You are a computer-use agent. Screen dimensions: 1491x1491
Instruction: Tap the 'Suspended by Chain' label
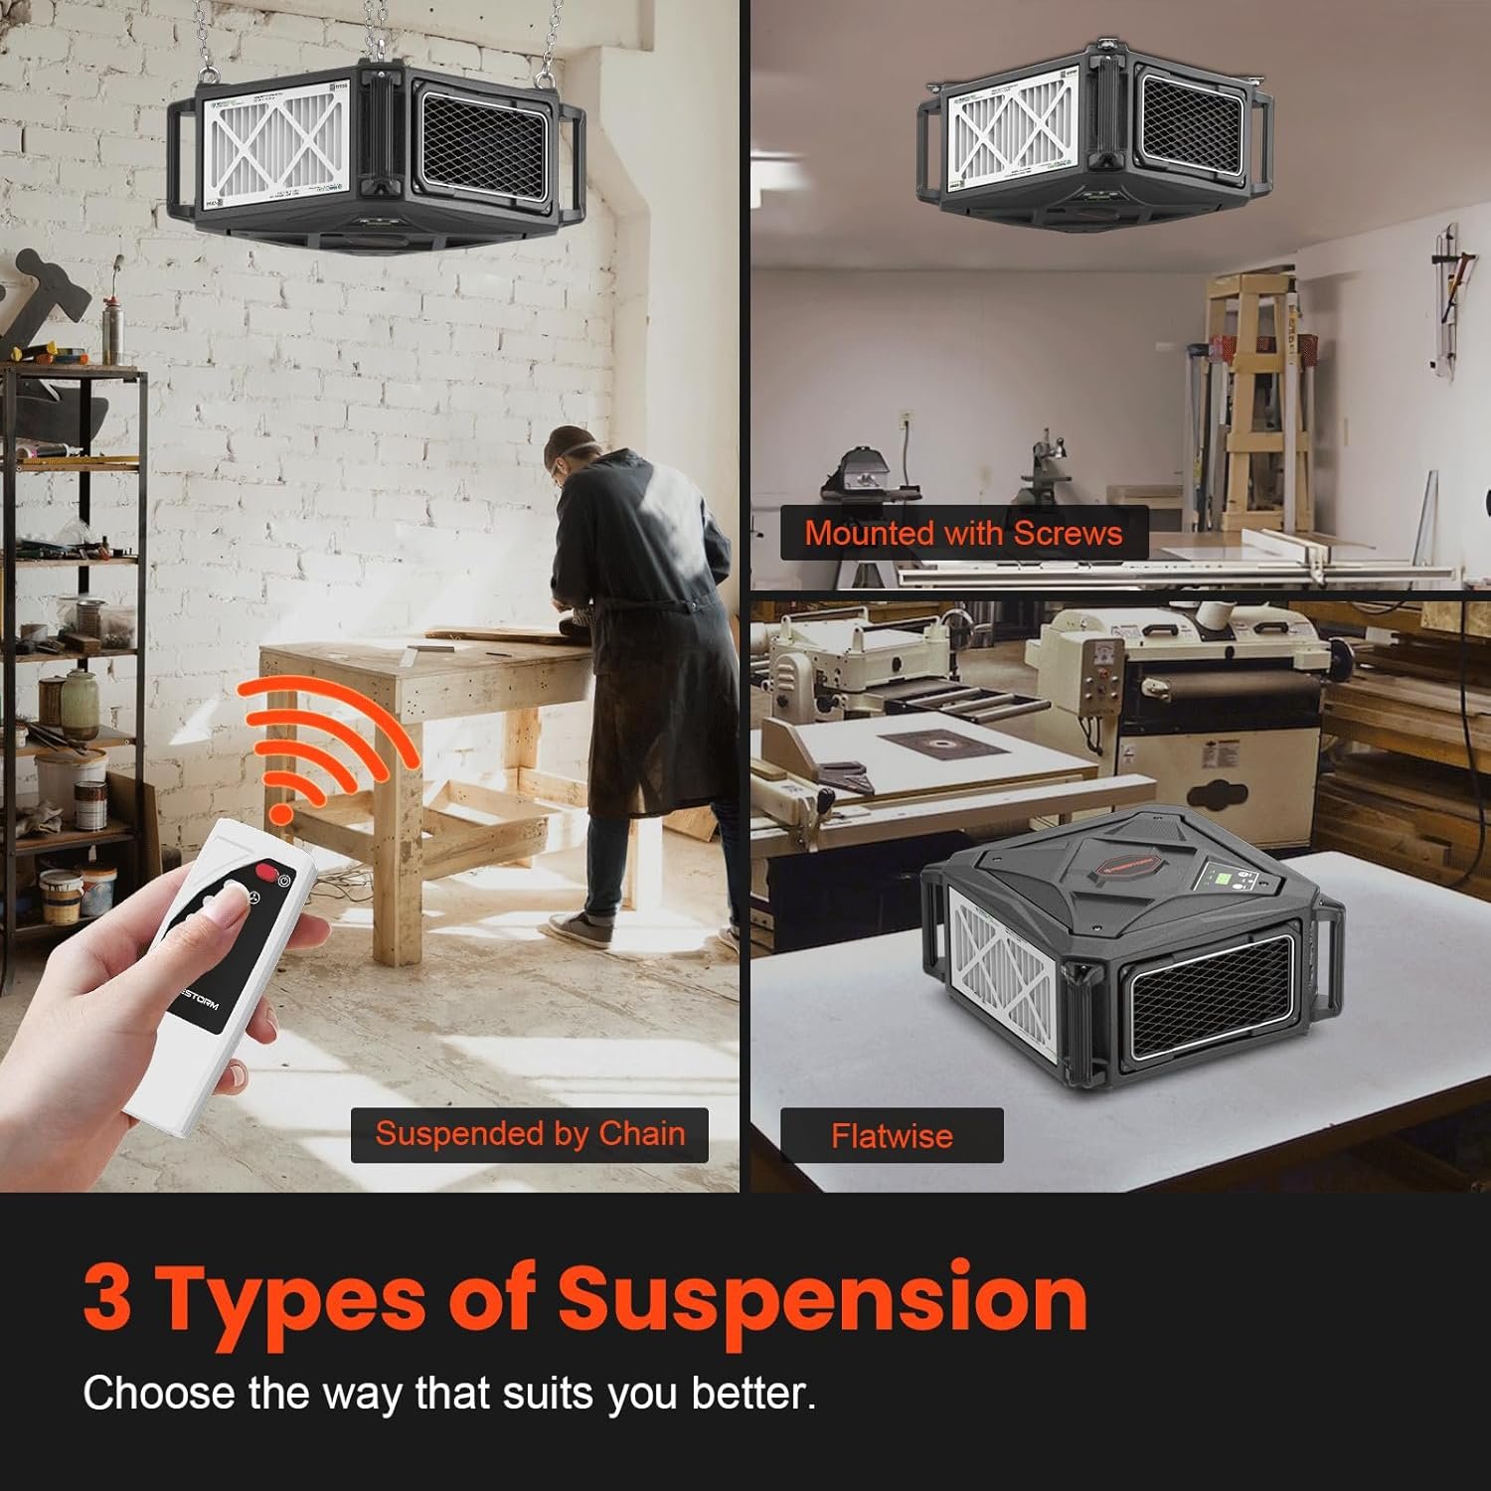coord(530,1134)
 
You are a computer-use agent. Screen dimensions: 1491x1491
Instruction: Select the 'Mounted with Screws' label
coord(963,533)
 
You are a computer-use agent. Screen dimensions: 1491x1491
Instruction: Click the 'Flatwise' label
coord(892,1135)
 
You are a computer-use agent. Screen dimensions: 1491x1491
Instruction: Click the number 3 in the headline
coord(107,1298)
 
